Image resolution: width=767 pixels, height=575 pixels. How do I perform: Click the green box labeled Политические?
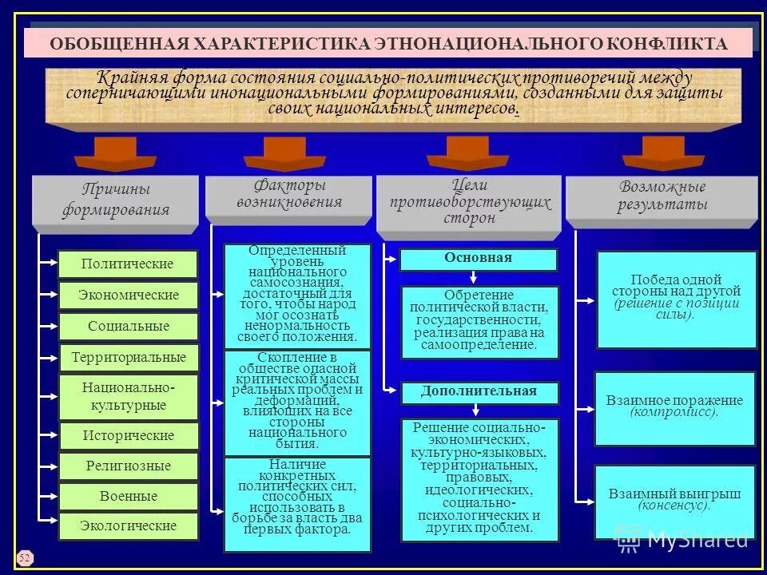tap(128, 264)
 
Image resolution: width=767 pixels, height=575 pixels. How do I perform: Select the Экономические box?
tap(128, 295)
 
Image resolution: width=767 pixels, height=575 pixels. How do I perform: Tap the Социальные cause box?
tap(128, 327)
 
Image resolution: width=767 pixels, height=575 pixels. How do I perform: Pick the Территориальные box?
tap(128, 357)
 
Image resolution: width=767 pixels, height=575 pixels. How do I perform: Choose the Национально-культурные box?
tap(128, 396)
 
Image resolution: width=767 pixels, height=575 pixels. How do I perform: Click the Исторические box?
tap(128, 436)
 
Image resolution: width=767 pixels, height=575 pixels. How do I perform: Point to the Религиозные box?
tap(128, 466)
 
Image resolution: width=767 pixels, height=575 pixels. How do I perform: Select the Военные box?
tap(128, 496)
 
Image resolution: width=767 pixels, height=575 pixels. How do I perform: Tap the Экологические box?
tap(128, 526)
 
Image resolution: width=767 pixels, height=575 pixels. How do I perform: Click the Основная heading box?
tap(478, 259)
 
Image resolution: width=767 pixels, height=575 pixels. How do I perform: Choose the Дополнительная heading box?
tap(479, 392)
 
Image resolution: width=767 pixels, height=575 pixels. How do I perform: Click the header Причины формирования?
tap(116, 200)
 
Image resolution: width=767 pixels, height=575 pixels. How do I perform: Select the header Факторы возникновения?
tap(289, 195)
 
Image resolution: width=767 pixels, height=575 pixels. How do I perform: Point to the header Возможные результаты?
tap(662, 196)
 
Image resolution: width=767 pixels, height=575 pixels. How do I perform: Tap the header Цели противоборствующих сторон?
tap(470, 202)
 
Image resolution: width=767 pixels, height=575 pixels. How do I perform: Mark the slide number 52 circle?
tap(24, 556)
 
